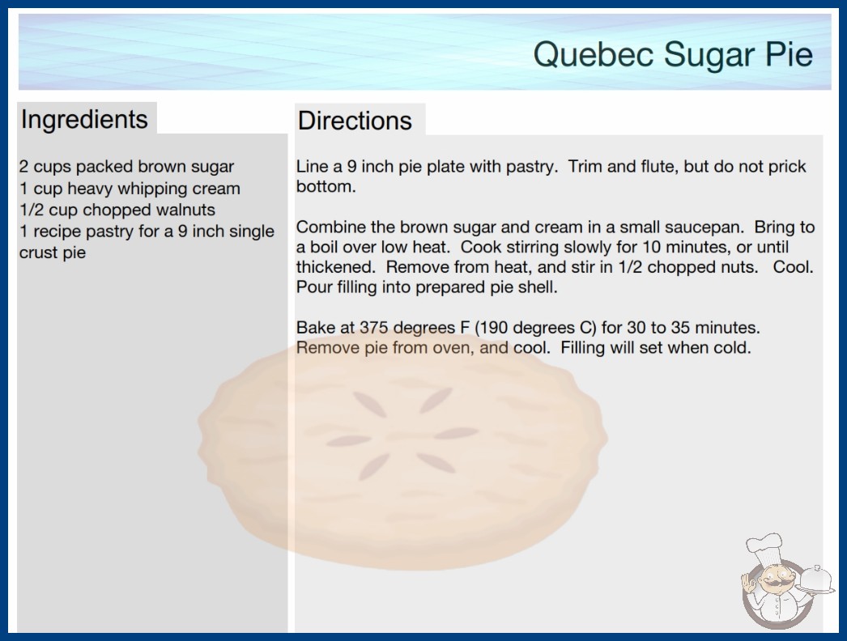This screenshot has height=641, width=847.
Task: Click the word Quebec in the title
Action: [x=593, y=55]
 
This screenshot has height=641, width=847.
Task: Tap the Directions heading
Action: [x=355, y=121]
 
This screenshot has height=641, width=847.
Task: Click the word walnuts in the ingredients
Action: [x=185, y=210]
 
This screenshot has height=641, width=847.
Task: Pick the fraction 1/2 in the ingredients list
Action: [x=32, y=210]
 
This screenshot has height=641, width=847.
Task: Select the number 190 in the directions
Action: [x=492, y=328]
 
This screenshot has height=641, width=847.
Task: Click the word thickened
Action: [x=335, y=267]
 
